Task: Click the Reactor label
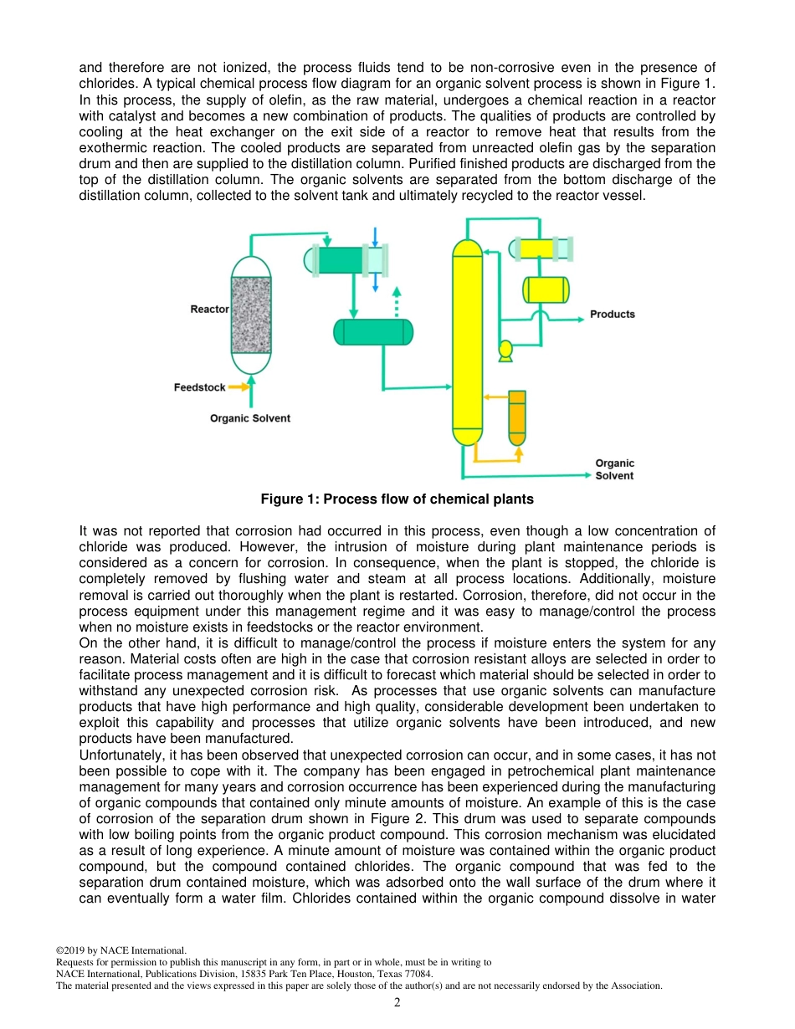pyautogui.click(x=209, y=310)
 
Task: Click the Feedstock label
pyautogui.click(x=199, y=387)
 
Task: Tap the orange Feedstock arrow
pyautogui.click(x=239, y=387)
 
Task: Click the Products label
pyautogui.click(x=613, y=315)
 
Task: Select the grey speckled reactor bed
pyautogui.click(x=251, y=315)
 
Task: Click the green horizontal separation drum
pyautogui.click(x=373, y=332)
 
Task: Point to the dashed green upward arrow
pyautogui.click(x=397, y=300)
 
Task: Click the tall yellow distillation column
pyautogui.click(x=467, y=335)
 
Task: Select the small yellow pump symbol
pyautogui.click(x=505, y=350)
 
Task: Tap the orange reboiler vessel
pyautogui.click(x=517, y=417)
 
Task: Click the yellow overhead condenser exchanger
pyautogui.click(x=541, y=248)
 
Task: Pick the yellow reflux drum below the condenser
pyautogui.click(x=546, y=289)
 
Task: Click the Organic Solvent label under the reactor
pyautogui.click(x=250, y=418)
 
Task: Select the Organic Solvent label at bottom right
pyautogui.click(x=614, y=469)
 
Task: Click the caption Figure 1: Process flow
pyautogui.click(x=397, y=499)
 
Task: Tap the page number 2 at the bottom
pyautogui.click(x=397, y=1002)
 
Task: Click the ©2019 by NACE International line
pyautogui.click(x=121, y=950)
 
